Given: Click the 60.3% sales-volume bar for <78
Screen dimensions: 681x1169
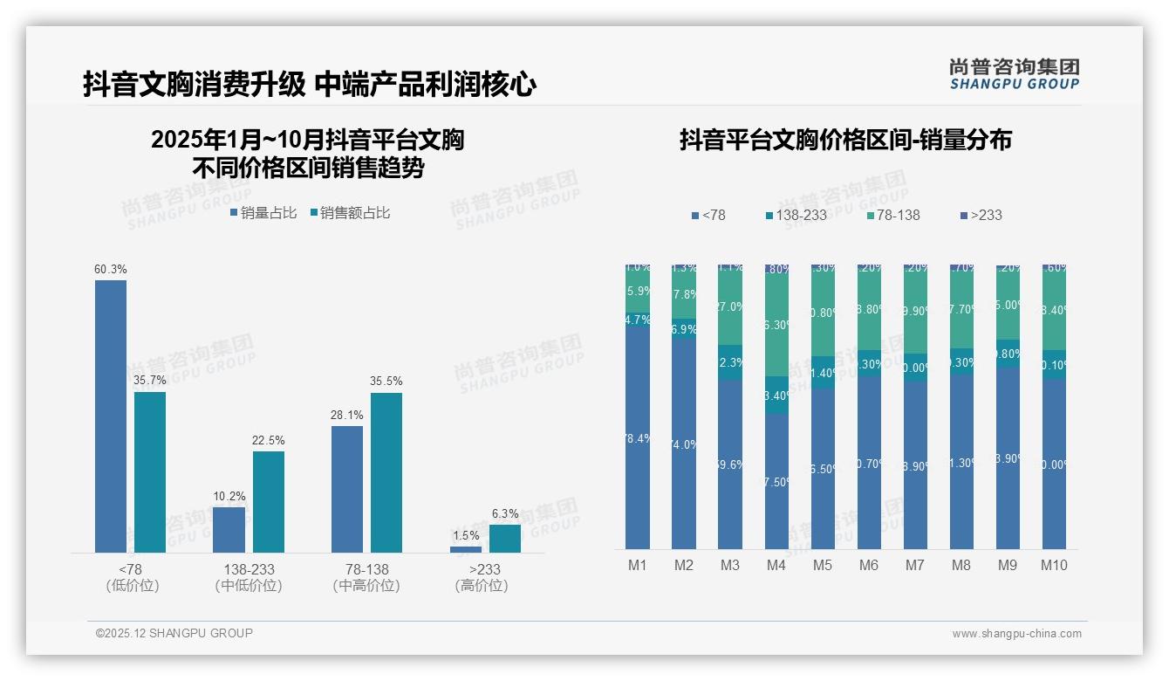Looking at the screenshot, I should click(111, 416).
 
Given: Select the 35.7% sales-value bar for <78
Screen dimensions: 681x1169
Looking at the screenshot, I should click(150, 471).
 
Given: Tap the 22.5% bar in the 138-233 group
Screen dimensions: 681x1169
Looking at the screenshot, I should click(269, 501).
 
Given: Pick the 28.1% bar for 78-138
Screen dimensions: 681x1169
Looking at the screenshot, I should click(347, 489).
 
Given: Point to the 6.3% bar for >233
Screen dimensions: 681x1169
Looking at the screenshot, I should click(505, 539).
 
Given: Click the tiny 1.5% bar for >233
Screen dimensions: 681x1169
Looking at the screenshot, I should click(466, 549).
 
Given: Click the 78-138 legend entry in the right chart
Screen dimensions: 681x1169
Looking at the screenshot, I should click(892, 215).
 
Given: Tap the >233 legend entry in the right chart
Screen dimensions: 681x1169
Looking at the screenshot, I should click(981, 215).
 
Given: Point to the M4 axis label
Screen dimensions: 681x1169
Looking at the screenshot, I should click(776, 565).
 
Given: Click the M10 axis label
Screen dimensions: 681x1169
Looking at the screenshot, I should click(1054, 565).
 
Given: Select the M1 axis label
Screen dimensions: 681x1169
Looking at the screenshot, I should click(638, 565).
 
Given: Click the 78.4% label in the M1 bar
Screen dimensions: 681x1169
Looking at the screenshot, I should click(638, 439).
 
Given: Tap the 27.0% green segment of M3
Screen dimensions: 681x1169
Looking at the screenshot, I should click(730, 307).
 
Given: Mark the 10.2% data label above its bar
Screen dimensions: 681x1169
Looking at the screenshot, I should click(229, 497).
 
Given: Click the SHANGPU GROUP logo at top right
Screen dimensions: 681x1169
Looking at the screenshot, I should click(1015, 74).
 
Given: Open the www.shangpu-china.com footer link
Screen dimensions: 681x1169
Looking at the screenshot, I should click(1016, 634).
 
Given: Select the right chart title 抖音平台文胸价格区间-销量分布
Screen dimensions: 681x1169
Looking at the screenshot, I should click(845, 140).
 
